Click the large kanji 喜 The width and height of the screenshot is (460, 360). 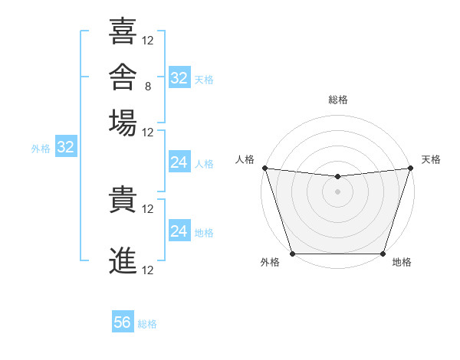(123, 31)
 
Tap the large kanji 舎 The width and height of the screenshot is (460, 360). (123, 77)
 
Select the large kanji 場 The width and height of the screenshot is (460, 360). (123, 123)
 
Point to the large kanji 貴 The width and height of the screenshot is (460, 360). (123, 199)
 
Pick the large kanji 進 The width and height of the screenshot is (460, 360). (123, 260)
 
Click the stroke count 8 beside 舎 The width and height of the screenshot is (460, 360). (148, 87)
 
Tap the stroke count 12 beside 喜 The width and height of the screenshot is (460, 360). (147, 41)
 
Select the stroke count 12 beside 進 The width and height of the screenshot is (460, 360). (147, 270)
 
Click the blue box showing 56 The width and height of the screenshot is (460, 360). (123, 321)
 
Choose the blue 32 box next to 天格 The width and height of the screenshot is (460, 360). (179, 77)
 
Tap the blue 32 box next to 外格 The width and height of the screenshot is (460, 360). (66, 146)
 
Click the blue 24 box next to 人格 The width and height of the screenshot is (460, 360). (179, 162)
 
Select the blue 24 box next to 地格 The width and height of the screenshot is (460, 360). (179, 230)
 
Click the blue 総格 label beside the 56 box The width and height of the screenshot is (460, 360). (147, 324)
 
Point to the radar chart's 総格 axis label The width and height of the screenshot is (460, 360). (337, 100)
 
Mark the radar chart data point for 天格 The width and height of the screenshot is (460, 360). (411, 168)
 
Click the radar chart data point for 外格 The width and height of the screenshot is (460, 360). (293, 254)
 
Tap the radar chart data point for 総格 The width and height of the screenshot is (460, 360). (337, 176)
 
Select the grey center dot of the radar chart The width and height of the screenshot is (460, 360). (337, 191)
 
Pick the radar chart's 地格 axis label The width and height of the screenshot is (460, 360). (402, 262)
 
